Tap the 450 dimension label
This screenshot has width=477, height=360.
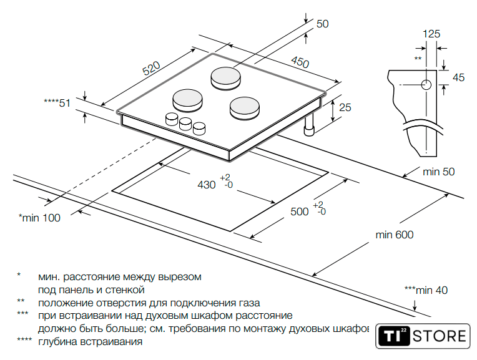point(300,63)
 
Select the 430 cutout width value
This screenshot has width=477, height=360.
point(207,185)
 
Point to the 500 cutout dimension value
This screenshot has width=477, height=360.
point(300,212)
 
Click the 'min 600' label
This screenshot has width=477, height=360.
point(394,235)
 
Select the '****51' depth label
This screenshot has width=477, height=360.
point(57,103)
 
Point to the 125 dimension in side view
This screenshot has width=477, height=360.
point(431,34)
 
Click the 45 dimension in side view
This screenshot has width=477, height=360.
point(459,77)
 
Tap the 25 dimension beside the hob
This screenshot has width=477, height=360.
point(345,107)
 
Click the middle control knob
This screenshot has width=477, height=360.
point(185,124)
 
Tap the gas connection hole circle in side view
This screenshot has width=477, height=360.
point(426,85)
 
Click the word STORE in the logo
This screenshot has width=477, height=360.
point(441,337)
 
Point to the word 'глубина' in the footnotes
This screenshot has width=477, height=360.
point(57,342)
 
